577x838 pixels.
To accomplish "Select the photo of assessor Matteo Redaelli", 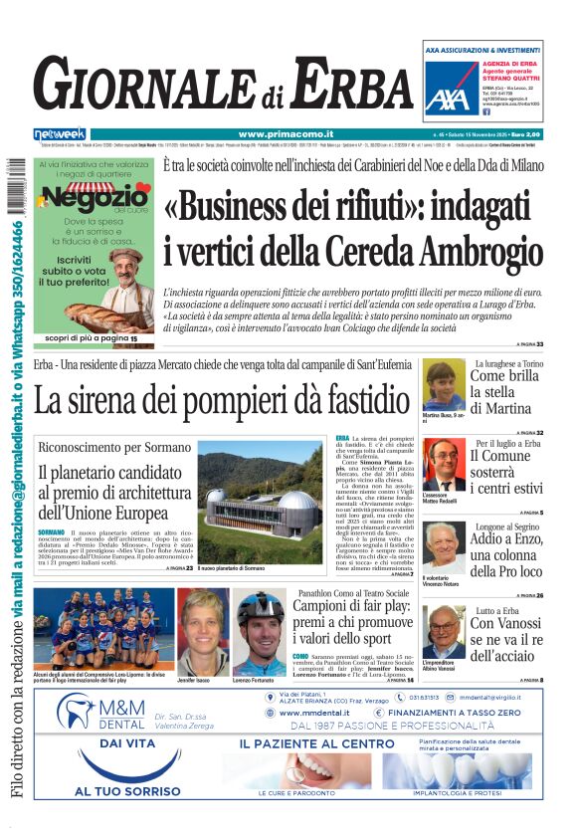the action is click(442, 464).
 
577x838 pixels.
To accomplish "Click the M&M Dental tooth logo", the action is click(76, 710).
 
